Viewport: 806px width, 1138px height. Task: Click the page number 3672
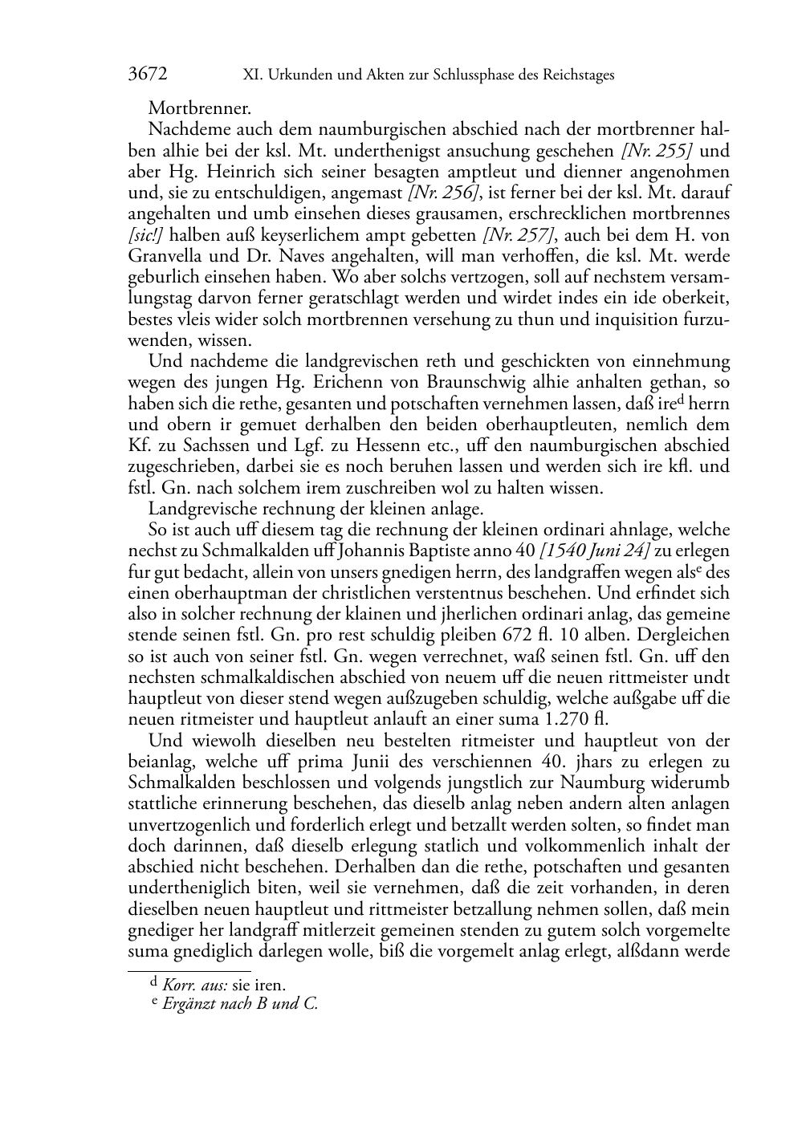[148, 75]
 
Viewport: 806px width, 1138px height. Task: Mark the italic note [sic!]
[146, 234]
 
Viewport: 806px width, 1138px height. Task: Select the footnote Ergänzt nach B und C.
[240, 1003]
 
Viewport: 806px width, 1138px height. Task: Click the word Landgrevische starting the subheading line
[201, 509]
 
